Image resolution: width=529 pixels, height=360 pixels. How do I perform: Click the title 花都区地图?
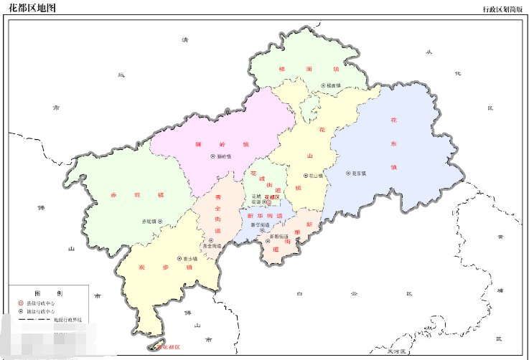pyautogui.click(x=32, y=8)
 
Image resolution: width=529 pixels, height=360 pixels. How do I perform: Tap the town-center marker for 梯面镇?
pyautogui.click(x=322, y=86)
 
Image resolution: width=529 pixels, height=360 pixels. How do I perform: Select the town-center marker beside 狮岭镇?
pyautogui.click(x=212, y=156)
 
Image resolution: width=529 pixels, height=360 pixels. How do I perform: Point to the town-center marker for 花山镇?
pyautogui.click(x=305, y=175)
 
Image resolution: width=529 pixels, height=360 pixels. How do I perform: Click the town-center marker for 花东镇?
pyautogui.click(x=348, y=173)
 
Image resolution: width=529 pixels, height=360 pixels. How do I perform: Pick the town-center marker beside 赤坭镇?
pyautogui.click(x=160, y=222)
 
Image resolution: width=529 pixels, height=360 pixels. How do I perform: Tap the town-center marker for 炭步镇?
pyautogui.click(x=177, y=259)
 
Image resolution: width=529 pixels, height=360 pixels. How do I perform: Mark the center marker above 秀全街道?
pyautogui.click(x=211, y=241)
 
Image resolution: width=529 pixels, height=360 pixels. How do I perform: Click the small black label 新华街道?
pyautogui.click(x=256, y=225)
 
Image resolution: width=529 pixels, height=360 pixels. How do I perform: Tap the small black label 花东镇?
pyautogui.click(x=359, y=173)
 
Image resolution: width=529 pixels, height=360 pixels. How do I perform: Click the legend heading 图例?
pyautogui.click(x=48, y=293)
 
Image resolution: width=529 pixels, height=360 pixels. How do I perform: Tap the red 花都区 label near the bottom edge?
pyautogui.click(x=167, y=347)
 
